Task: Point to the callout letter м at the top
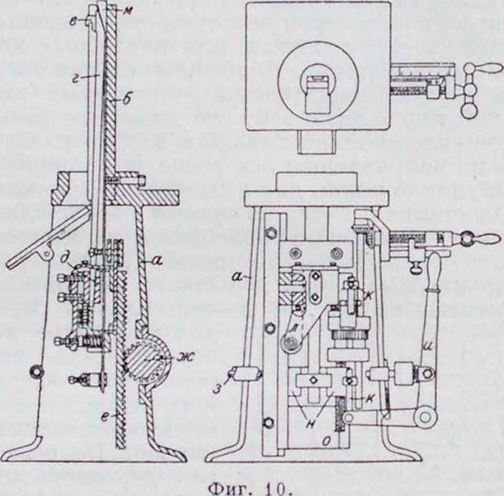pos(116,9)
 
